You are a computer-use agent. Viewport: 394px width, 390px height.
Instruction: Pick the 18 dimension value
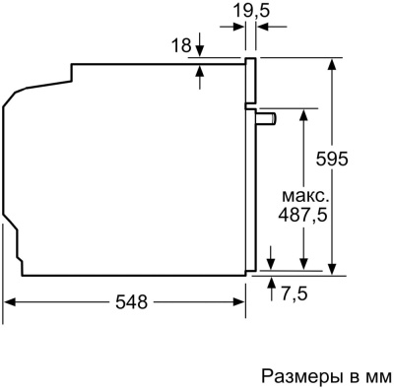tap(180, 45)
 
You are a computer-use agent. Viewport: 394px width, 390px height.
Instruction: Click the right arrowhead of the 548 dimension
tap(239, 303)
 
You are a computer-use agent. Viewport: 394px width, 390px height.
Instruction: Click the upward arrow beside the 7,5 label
tap(271, 280)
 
